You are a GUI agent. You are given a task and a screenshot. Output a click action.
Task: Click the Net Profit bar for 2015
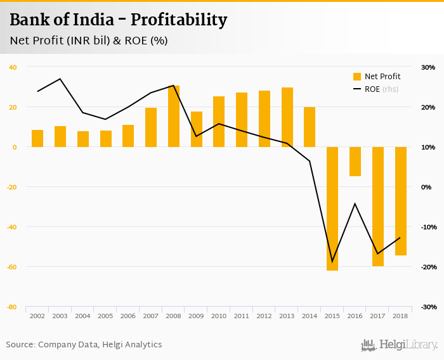click(x=332, y=209)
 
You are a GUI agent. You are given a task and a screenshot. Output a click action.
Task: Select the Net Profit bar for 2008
click(x=174, y=116)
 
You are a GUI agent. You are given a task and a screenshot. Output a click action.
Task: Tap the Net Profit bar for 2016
click(x=355, y=161)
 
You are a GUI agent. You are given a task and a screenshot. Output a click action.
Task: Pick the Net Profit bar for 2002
click(x=37, y=138)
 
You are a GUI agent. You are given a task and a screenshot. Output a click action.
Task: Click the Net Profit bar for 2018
click(x=401, y=201)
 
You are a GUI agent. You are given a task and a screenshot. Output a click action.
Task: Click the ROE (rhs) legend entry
click(x=375, y=89)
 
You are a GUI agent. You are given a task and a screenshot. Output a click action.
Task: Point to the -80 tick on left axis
click(x=12, y=307)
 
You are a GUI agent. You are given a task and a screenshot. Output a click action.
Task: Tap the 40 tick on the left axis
click(x=13, y=67)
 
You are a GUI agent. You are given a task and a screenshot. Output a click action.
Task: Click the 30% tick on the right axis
click(x=428, y=67)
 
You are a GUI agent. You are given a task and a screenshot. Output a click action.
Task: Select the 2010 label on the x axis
click(x=219, y=316)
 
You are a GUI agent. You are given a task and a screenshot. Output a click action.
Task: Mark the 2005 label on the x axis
click(x=105, y=316)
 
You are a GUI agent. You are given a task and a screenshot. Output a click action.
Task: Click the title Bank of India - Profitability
click(x=118, y=20)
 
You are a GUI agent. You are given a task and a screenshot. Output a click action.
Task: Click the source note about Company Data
click(x=84, y=345)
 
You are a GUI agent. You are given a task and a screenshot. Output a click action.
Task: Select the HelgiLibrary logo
click(x=400, y=345)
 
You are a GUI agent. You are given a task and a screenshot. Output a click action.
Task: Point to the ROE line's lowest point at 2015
click(x=332, y=261)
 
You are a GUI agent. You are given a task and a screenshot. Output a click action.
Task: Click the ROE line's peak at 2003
click(x=60, y=79)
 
